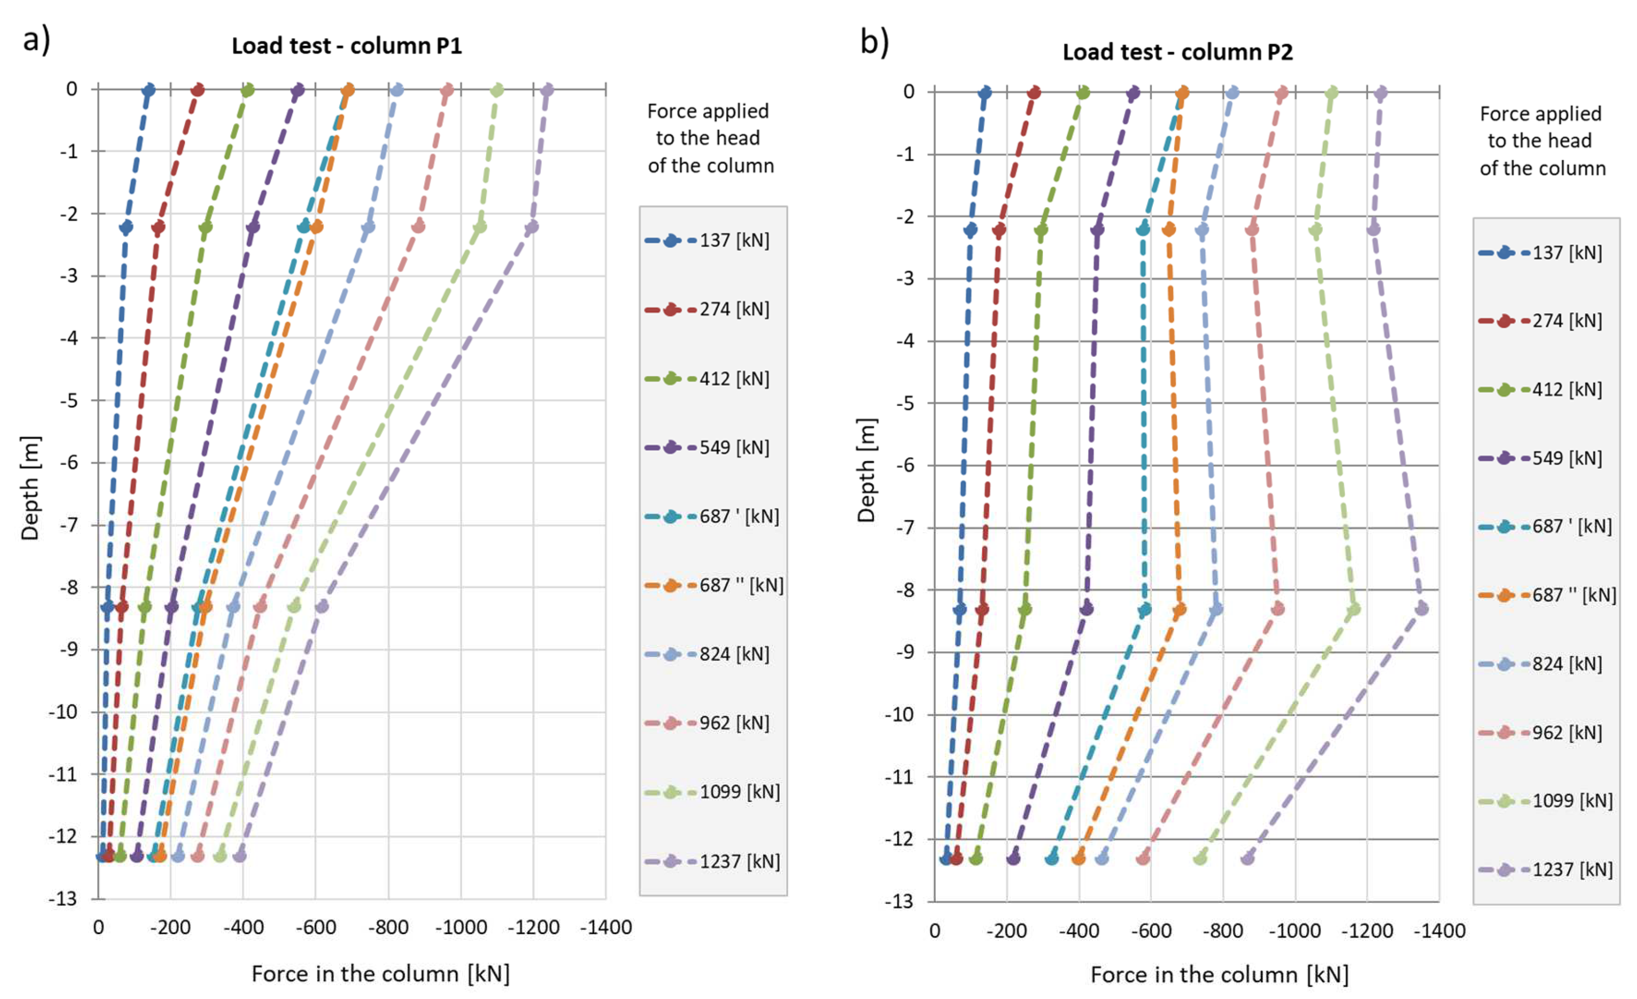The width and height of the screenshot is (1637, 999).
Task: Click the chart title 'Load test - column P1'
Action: [346, 46]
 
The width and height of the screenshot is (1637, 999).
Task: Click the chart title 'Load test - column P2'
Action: [1177, 52]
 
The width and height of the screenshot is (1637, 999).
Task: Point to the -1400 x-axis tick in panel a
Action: [605, 927]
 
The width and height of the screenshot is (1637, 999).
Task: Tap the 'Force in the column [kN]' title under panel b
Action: [1219, 974]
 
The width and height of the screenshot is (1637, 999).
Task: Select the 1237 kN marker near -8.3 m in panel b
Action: [1421, 608]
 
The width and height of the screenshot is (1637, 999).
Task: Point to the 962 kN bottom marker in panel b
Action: [1143, 859]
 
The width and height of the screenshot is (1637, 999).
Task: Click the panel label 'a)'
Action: [36, 40]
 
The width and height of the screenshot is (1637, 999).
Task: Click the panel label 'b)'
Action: [874, 43]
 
